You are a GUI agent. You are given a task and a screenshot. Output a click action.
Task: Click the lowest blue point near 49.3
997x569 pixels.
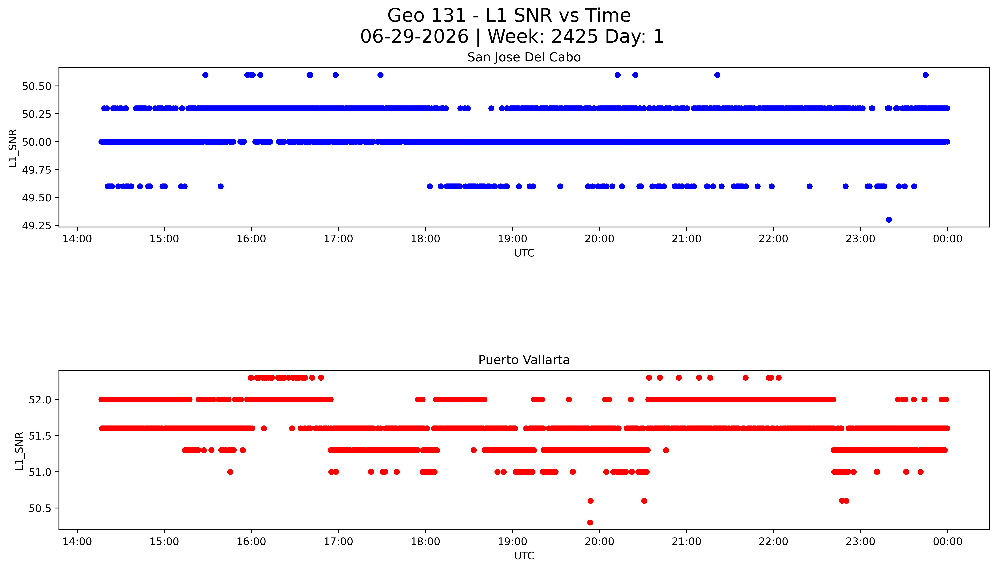click(889, 220)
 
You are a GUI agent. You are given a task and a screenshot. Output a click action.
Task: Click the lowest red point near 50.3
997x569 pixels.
click(590, 522)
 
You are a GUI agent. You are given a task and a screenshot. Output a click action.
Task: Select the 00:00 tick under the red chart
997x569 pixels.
click(947, 542)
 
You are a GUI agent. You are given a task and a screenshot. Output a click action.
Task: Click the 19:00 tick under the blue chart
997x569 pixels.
click(512, 239)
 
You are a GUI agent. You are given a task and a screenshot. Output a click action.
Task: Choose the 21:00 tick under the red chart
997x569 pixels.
click(686, 542)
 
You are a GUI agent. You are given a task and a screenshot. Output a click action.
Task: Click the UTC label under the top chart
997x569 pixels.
click(524, 253)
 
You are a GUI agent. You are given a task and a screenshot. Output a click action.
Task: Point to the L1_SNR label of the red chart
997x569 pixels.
click(19, 451)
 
